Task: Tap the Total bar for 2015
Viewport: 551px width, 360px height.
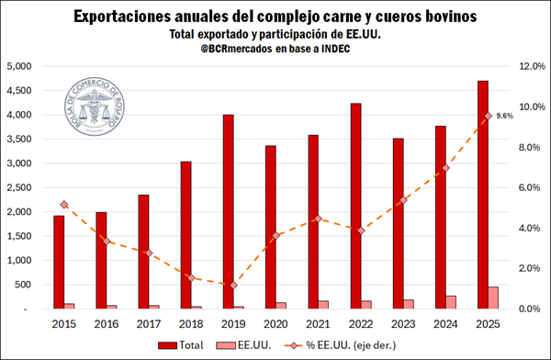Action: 59,262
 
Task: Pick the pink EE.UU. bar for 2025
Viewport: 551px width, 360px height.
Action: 467,298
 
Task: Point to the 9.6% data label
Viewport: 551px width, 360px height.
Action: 504,116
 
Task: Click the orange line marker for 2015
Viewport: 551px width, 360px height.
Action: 64,205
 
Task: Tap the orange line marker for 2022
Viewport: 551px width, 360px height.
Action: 361,231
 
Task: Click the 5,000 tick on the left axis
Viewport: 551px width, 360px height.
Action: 19,66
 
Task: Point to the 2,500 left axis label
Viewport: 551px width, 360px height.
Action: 19,187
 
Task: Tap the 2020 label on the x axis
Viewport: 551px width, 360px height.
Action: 275,324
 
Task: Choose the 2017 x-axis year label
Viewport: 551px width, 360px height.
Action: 149,324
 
